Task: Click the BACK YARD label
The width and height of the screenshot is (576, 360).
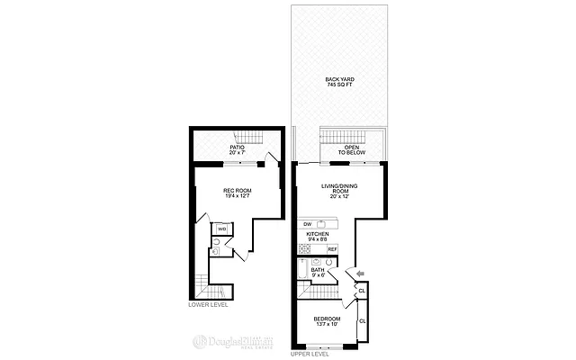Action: click(339, 79)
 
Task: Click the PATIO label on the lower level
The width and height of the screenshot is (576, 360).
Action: click(237, 148)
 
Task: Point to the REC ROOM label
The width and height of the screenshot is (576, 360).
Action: click(237, 191)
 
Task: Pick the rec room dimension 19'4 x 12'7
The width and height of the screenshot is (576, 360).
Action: click(237, 197)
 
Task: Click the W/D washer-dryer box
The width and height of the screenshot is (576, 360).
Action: click(221, 229)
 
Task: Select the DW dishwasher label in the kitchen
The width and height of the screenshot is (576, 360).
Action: click(307, 223)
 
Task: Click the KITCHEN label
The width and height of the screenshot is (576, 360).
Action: click(318, 234)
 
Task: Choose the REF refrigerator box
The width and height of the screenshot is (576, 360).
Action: click(331, 248)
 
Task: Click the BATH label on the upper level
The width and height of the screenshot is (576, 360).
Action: click(317, 270)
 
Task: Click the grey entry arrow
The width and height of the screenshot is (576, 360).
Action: click(360, 273)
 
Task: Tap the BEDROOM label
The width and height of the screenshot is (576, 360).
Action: click(327, 319)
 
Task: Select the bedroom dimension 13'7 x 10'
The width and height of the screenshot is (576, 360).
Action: click(327, 325)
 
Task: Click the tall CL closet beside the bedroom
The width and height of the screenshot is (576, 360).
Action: click(362, 321)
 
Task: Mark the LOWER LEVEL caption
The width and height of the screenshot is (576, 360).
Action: click(208, 304)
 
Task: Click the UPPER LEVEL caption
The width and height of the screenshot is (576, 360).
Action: click(310, 354)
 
